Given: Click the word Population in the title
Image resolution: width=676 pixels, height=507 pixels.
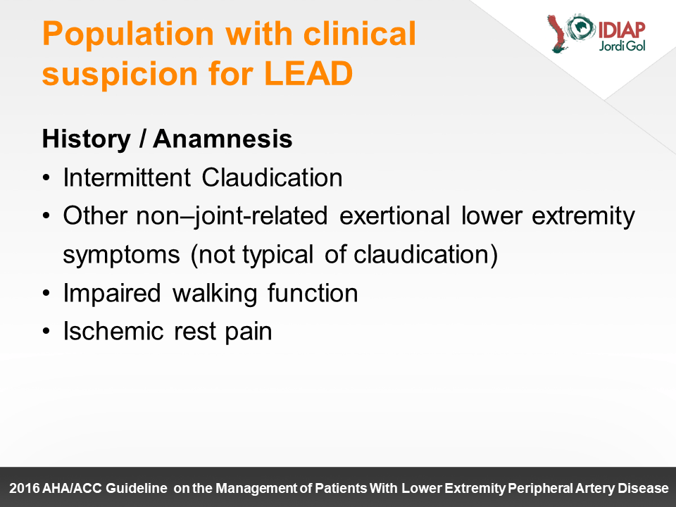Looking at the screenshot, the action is tap(128, 35).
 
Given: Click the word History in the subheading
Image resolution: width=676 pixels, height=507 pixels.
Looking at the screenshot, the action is tap(86, 139).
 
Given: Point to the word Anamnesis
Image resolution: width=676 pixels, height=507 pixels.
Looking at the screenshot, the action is tap(223, 139).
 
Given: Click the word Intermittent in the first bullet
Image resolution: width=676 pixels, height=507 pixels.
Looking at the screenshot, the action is tap(127, 177).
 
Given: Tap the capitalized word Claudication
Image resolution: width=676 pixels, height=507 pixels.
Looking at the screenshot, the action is tap(272, 177).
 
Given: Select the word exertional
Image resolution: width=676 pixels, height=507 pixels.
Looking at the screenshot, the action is tap(394, 215).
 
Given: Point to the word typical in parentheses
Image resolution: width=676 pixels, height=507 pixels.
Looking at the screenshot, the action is tap(277, 255).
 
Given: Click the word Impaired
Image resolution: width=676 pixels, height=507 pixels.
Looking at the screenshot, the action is tap(112, 294).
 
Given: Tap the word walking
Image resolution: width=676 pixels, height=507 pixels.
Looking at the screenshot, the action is tap(215, 294).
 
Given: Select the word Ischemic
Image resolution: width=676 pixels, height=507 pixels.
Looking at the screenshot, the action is tap(113, 331).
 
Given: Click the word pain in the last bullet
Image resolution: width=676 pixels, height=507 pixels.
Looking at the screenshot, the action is tap(249, 332).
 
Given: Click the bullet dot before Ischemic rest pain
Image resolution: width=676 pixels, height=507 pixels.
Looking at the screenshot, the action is tap(46, 331).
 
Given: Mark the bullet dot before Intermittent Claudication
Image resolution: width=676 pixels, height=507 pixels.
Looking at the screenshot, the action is tap(46, 177).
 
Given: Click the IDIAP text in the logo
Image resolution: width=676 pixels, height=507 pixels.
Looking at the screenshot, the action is tap(621, 30).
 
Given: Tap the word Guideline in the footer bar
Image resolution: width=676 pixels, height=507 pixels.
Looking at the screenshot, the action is tap(136, 488).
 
